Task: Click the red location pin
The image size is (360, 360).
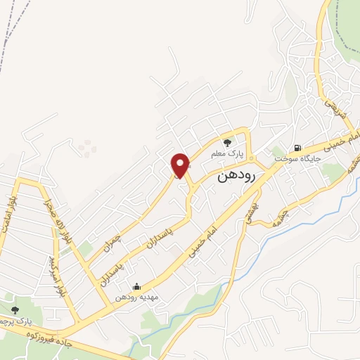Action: point(181,165)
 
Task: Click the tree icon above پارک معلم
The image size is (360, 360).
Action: point(227,143)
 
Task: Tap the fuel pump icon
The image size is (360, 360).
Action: point(297,148)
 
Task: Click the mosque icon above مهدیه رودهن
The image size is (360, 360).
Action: point(136,287)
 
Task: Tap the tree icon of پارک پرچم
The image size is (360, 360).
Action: point(15,309)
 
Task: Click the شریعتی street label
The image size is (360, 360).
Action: point(330,105)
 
